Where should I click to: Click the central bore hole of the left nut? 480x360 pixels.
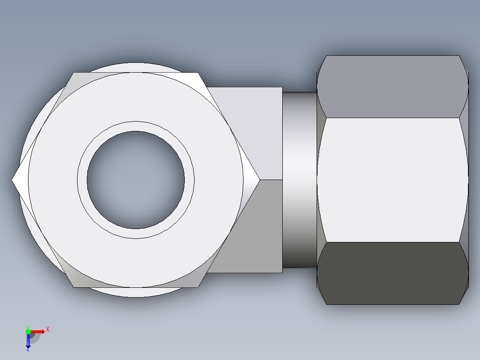[x=136, y=180]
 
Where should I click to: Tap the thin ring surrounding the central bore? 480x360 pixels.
[x=136, y=126]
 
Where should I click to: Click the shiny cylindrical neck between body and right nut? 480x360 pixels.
[x=300, y=180]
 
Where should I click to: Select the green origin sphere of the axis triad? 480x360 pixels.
[x=28, y=331]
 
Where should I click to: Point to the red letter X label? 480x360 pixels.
[x=47, y=329]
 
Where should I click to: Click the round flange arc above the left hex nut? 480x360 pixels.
[x=136, y=67]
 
